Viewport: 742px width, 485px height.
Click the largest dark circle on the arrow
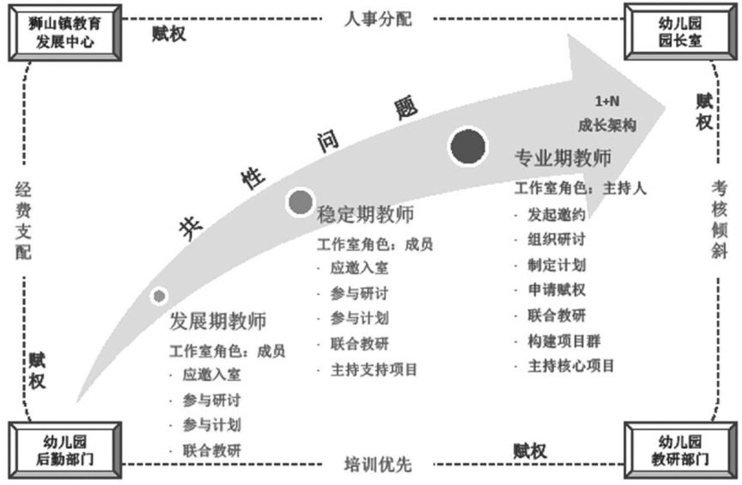(x=469, y=145)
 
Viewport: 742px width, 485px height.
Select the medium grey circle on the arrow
(x=300, y=201)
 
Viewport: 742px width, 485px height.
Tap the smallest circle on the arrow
(x=159, y=296)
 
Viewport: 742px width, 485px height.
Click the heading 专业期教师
(x=563, y=160)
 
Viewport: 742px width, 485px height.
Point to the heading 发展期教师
(x=218, y=322)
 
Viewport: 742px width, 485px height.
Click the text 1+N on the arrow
(x=607, y=102)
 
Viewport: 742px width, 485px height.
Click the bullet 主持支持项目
(x=374, y=370)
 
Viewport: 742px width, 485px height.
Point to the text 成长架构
(x=607, y=125)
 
